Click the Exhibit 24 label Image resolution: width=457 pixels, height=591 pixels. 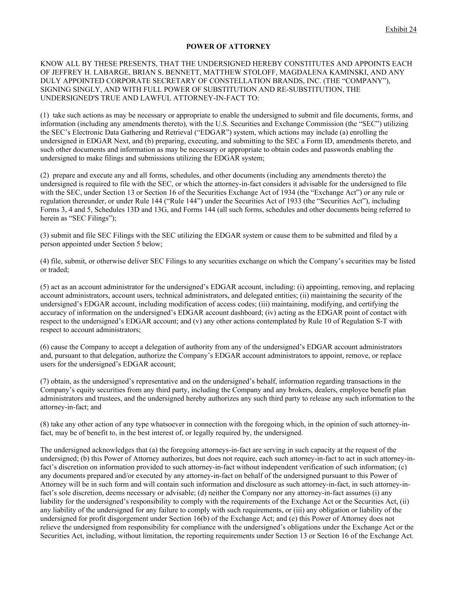tap(401, 29)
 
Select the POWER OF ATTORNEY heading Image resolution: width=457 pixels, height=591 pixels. tap(228, 46)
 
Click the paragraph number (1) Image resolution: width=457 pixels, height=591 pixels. tap(45, 115)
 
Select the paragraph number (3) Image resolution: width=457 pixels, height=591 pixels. tap(45, 236)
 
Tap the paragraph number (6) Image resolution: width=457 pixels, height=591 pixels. tap(45, 347)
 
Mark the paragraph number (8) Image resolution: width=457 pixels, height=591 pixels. tap(45, 424)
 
